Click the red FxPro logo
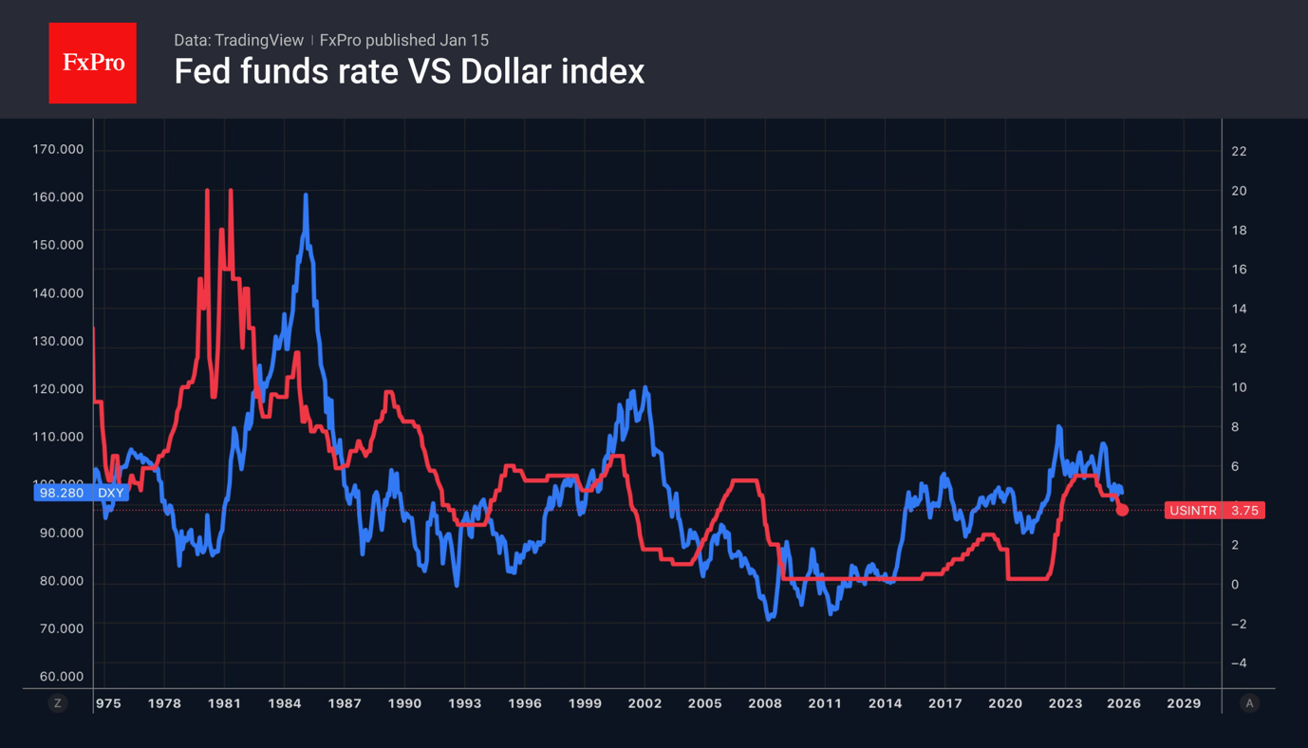pos(92,63)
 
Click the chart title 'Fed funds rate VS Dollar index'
pos(409,71)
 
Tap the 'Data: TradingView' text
pos(238,40)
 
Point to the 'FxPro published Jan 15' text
pos(404,40)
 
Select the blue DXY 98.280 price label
pos(81,493)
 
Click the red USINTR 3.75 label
pos(1214,511)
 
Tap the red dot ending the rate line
pos(1122,510)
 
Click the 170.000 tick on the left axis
pos(58,149)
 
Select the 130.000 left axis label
pos(58,341)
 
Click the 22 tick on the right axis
pos(1239,151)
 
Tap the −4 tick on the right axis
pos(1239,663)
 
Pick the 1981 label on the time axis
pos(224,703)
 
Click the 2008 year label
pos(765,703)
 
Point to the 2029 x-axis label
pos(1184,703)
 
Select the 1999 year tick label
pos(585,703)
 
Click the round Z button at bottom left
pos(58,703)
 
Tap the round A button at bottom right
pos(1249,703)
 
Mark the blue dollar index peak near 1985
pos(306,196)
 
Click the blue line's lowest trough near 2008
pos(769,618)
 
